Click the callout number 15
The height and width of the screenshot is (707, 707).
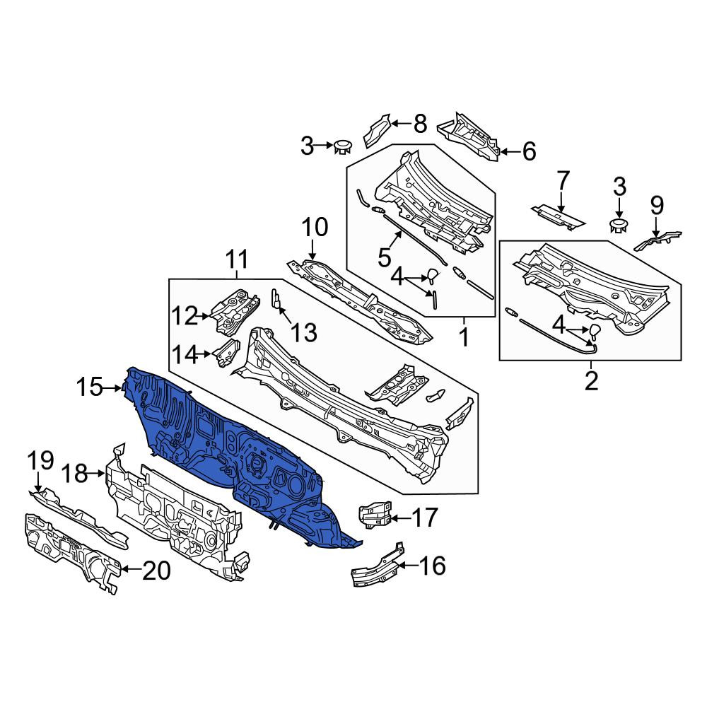coord(90,387)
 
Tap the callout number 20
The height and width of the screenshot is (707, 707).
coord(157,571)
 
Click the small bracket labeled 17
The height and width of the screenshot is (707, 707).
coord(375,515)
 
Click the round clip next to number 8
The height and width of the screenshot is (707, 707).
coord(343,146)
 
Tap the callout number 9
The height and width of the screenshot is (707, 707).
coord(657,205)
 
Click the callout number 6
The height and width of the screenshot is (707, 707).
coord(530,151)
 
